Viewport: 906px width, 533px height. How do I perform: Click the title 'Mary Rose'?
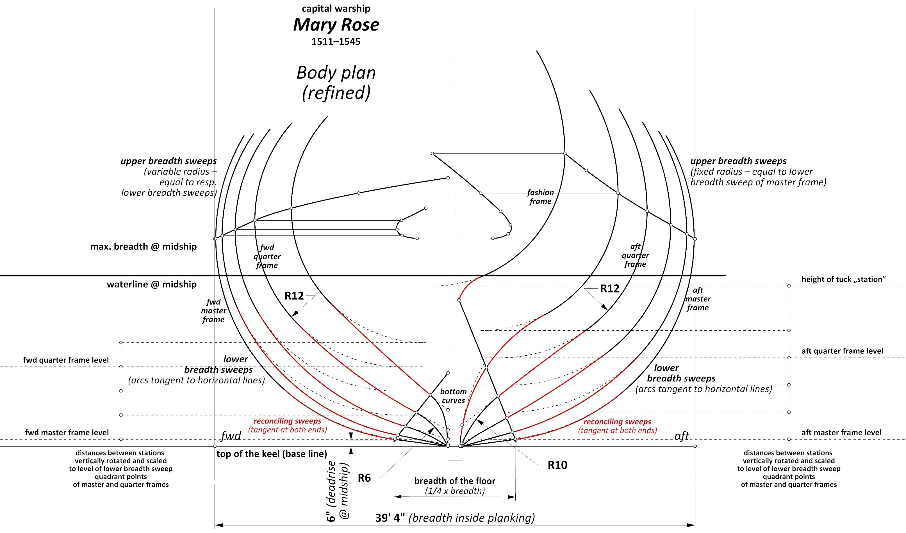[336, 25]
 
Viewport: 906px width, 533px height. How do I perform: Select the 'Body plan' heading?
[336, 73]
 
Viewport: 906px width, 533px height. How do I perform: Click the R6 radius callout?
[364, 478]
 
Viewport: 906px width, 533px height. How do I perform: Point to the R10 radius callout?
[557, 465]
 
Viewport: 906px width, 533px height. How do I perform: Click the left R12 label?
[294, 296]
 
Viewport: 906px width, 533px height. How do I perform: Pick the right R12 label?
[610, 289]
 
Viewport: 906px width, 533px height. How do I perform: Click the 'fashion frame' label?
[540, 197]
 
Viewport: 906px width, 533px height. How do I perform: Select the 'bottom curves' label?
[453, 396]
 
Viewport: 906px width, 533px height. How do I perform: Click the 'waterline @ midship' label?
[152, 285]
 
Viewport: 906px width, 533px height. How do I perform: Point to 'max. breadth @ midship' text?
[144, 246]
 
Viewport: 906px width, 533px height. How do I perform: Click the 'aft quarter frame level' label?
[842, 351]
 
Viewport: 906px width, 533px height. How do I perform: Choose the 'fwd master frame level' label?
[67, 432]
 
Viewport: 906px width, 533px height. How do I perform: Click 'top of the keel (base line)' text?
[272, 454]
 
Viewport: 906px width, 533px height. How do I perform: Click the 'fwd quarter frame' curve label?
[267, 257]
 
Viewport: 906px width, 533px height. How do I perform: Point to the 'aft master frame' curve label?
[698, 299]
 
